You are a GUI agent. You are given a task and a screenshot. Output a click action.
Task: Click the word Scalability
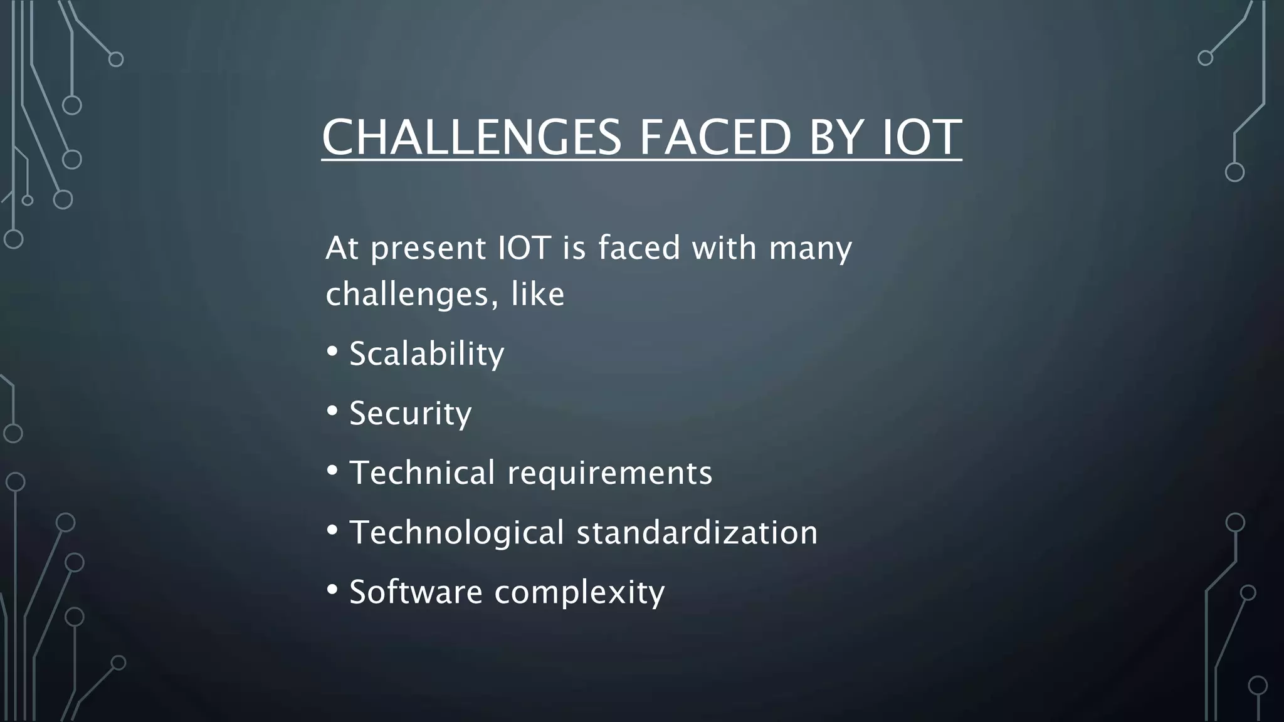(x=426, y=354)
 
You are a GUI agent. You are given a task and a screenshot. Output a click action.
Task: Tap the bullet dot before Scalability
(x=332, y=351)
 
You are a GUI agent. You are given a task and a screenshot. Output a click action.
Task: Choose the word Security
(x=410, y=414)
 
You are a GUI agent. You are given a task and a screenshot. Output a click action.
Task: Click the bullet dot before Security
(x=332, y=411)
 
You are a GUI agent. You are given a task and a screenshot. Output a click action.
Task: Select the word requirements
(x=609, y=473)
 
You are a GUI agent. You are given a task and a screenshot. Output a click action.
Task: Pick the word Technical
(x=422, y=473)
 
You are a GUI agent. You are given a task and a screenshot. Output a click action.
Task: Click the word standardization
(x=697, y=532)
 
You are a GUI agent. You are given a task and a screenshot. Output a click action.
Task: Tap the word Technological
(x=457, y=533)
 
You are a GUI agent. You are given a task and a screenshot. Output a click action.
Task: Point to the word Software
(x=416, y=592)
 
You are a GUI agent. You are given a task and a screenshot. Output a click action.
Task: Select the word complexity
(x=579, y=593)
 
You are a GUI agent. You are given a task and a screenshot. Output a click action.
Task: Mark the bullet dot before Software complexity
(x=332, y=589)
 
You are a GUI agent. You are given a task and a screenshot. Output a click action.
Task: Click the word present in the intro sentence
(x=428, y=249)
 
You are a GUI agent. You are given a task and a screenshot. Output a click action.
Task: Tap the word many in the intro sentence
(x=810, y=249)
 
